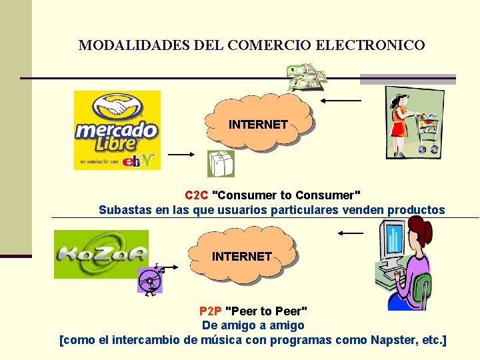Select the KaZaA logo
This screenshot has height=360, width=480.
[x=101, y=253]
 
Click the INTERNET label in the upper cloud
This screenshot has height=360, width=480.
[x=258, y=125]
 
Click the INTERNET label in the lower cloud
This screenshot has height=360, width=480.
[x=241, y=256]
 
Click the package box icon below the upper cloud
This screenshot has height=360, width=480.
[x=220, y=163]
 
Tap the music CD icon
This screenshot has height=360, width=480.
[x=151, y=281]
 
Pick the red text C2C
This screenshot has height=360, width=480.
[x=197, y=195]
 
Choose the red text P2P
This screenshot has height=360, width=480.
[x=211, y=311]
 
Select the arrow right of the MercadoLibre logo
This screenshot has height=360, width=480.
[x=180, y=154]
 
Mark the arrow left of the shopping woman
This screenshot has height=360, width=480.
[x=341, y=101]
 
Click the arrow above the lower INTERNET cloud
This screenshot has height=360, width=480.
[x=351, y=233]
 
